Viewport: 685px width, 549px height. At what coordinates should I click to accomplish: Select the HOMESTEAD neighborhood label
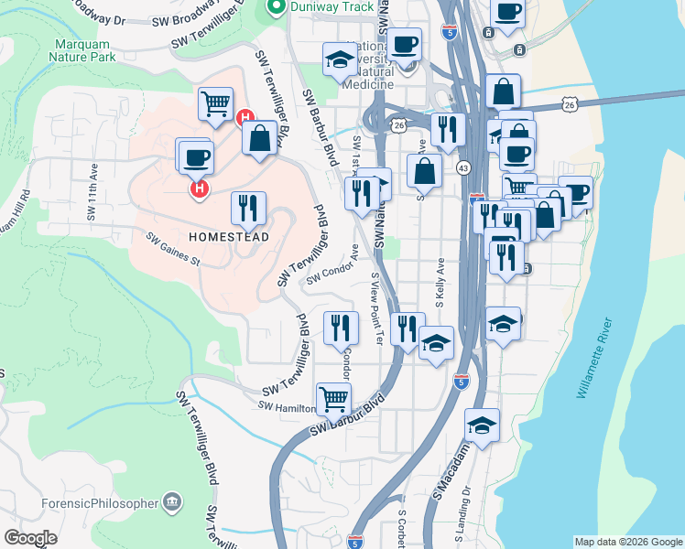[229, 237]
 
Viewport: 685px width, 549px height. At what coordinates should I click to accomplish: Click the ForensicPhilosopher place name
[98, 503]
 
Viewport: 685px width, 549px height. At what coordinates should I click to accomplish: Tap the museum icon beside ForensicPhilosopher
[171, 502]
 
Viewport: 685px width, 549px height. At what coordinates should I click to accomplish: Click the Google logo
[30, 538]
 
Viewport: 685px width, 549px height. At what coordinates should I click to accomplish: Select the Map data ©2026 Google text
[628, 542]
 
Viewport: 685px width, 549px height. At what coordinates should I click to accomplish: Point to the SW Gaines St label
[172, 248]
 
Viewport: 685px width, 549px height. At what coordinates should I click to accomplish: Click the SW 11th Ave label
[92, 195]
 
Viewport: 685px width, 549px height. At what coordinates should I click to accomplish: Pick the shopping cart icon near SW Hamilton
[333, 398]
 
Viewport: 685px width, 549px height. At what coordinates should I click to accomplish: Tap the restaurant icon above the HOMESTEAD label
[248, 208]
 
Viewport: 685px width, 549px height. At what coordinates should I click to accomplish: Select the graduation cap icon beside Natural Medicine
[340, 59]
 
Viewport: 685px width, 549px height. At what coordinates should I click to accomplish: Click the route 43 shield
[462, 167]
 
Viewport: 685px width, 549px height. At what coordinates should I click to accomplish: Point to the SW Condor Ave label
[332, 266]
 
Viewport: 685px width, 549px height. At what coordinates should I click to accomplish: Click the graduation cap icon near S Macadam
[482, 425]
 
